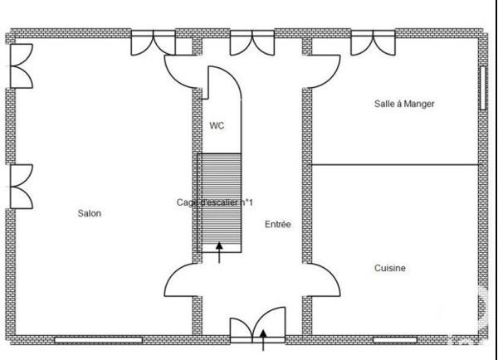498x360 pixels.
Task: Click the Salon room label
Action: point(90,213)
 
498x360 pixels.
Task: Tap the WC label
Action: point(217,126)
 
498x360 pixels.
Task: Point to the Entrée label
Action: point(277,225)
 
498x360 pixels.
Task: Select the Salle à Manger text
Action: point(405,104)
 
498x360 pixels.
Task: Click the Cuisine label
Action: point(389,268)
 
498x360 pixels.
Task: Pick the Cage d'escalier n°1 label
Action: point(215,202)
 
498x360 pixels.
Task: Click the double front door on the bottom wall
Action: point(257,327)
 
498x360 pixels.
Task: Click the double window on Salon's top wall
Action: point(154,43)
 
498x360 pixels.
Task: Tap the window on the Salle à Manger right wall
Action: point(481,86)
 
